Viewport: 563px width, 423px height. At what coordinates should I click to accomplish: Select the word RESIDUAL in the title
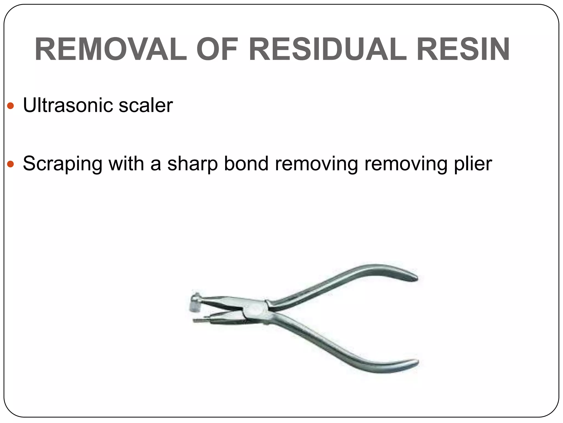pos(327,50)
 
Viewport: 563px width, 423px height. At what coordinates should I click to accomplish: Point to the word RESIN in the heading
pos(463,50)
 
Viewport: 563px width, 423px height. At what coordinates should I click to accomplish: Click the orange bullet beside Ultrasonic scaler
pos(10,106)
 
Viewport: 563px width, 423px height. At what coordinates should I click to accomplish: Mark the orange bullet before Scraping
pos(10,164)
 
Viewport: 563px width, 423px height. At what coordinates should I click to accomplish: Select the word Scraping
pos(62,164)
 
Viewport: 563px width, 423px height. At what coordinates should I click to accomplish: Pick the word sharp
pos(192,164)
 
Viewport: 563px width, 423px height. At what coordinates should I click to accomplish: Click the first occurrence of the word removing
pos(316,164)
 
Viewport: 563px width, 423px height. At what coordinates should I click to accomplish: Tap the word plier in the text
pos(473,164)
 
